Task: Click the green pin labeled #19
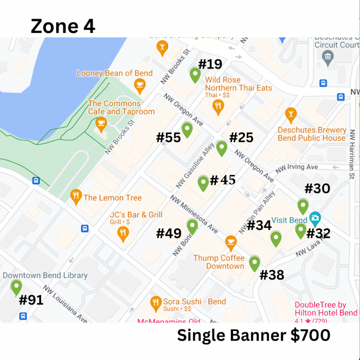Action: [x=195, y=75]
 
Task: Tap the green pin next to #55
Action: [x=187, y=129]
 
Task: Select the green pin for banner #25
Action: [x=222, y=148]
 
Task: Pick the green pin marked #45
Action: [x=203, y=183]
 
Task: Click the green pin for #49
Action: [x=192, y=226]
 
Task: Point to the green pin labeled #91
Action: [x=16, y=287]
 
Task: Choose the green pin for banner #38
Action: [x=254, y=263]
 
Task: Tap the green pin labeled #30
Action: [x=303, y=206]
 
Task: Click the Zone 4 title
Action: [x=63, y=26]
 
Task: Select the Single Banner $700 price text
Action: [x=253, y=335]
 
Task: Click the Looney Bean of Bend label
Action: [x=115, y=73]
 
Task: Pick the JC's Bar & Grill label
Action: [x=136, y=215]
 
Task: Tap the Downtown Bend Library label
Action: [x=45, y=275]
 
